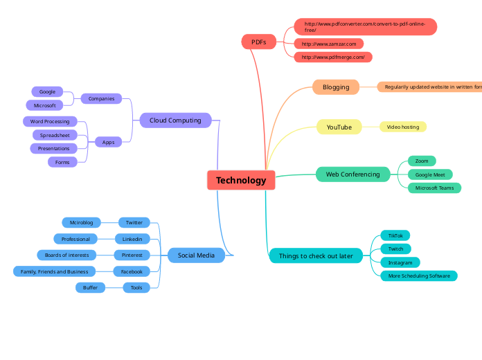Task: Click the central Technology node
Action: [241, 180]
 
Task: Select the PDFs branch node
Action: [258, 42]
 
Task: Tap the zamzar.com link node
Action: [329, 44]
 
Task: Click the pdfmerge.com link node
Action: [333, 57]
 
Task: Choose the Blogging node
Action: [336, 87]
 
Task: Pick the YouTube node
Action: [339, 127]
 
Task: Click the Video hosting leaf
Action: [403, 127]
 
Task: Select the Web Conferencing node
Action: [352, 174]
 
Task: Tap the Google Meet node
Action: [430, 174]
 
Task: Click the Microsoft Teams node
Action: [434, 188]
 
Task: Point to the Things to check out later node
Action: [316, 256]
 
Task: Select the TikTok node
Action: [395, 235]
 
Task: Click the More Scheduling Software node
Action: [419, 276]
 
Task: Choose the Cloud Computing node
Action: [175, 120]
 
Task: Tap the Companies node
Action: [101, 98]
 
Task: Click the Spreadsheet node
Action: [55, 135]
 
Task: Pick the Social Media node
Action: [196, 255]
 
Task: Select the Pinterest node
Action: [132, 255]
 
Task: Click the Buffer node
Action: [90, 287]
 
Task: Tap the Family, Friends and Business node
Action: [54, 271]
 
